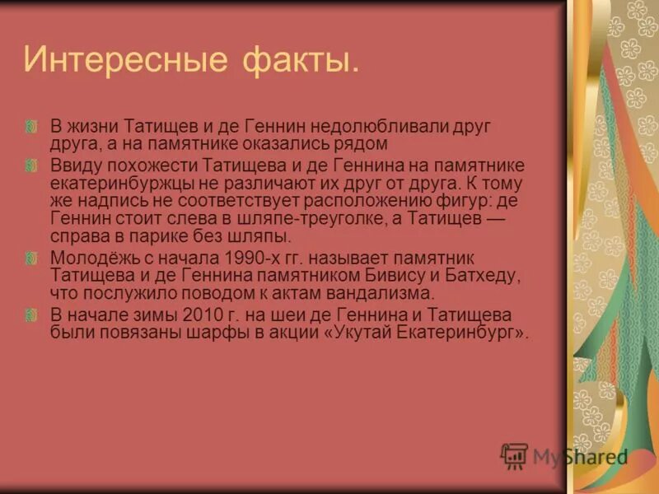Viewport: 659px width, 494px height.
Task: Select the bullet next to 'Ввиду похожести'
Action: coord(31,165)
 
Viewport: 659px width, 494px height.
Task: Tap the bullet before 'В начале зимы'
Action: coord(31,315)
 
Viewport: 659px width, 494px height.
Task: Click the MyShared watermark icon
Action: coord(514,455)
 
